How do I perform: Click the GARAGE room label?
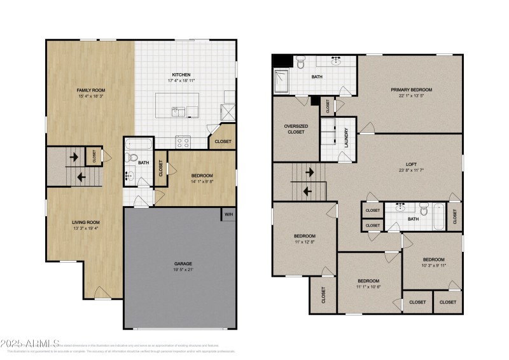(183, 263)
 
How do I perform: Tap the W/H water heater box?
(228, 215)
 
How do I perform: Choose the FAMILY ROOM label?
(88, 90)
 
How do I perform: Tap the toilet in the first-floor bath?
(131, 157)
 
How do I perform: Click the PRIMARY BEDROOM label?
(411, 90)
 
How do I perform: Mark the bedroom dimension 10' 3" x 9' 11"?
(434, 265)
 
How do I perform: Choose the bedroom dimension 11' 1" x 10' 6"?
(368, 287)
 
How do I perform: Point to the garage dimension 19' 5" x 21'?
(183, 270)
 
